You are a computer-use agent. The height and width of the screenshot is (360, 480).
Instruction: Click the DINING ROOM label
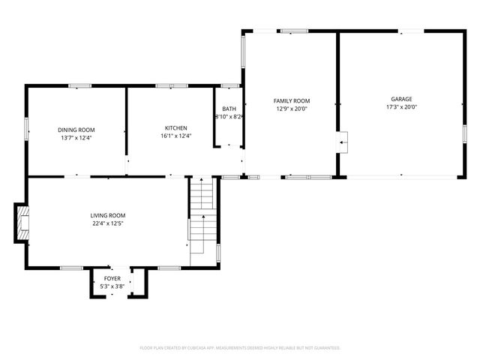click(x=77, y=129)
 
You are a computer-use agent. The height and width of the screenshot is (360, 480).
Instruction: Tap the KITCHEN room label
click(x=176, y=127)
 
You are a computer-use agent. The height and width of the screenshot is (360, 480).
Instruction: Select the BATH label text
click(x=229, y=109)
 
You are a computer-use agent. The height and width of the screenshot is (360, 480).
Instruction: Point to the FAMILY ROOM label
click(x=291, y=100)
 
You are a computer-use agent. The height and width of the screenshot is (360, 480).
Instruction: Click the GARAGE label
click(x=400, y=99)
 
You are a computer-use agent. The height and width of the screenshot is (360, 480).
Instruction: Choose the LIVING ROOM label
click(x=108, y=215)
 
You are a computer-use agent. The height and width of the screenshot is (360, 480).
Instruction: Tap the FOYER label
click(x=112, y=278)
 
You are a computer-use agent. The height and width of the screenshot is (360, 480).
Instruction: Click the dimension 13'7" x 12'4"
click(x=77, y=137)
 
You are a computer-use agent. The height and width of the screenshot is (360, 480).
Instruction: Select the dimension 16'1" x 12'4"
click(x=176, y=136)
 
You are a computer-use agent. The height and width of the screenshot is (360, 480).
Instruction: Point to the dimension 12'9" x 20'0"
click(x=291, y=108)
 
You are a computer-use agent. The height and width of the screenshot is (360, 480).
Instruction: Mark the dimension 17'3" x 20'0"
click(x=400, y=107)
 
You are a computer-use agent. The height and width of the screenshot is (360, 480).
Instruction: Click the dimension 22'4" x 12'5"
click(x=108, y=223)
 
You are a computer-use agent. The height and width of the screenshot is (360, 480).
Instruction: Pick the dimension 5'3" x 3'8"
click(x=112, y=286)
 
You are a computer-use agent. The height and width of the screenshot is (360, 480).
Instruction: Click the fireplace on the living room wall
click(x=23, y=223)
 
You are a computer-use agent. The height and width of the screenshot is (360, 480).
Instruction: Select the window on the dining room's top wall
click(x=75, y=85)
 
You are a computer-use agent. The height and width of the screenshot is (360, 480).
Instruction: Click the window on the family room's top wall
click(x=294, y=31)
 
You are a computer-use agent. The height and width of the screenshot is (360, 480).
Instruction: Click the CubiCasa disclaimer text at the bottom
click(x=240, y=348)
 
